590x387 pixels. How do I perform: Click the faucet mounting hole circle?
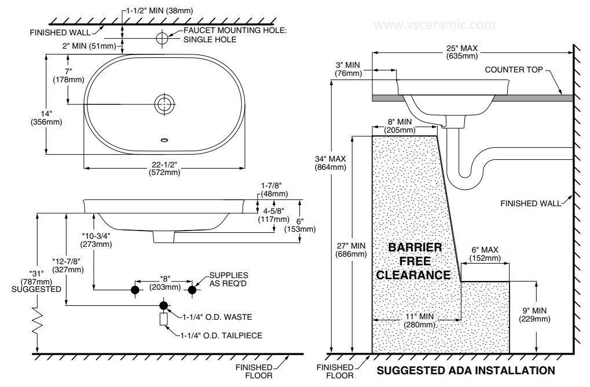tap(163, 38)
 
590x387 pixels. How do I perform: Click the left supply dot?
tap(135, 289)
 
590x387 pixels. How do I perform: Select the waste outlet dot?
tap(163, 305)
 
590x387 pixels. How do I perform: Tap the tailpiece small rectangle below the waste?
tap(163, 319)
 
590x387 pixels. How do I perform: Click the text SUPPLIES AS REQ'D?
tap(229, 279)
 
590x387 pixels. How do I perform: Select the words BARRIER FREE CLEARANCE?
tap(413, 261)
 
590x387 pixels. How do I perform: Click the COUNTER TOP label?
tap(513, 70)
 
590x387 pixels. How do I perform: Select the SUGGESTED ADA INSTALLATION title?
tap(466, 370)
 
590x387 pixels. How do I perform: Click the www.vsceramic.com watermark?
tap(434, 25)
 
